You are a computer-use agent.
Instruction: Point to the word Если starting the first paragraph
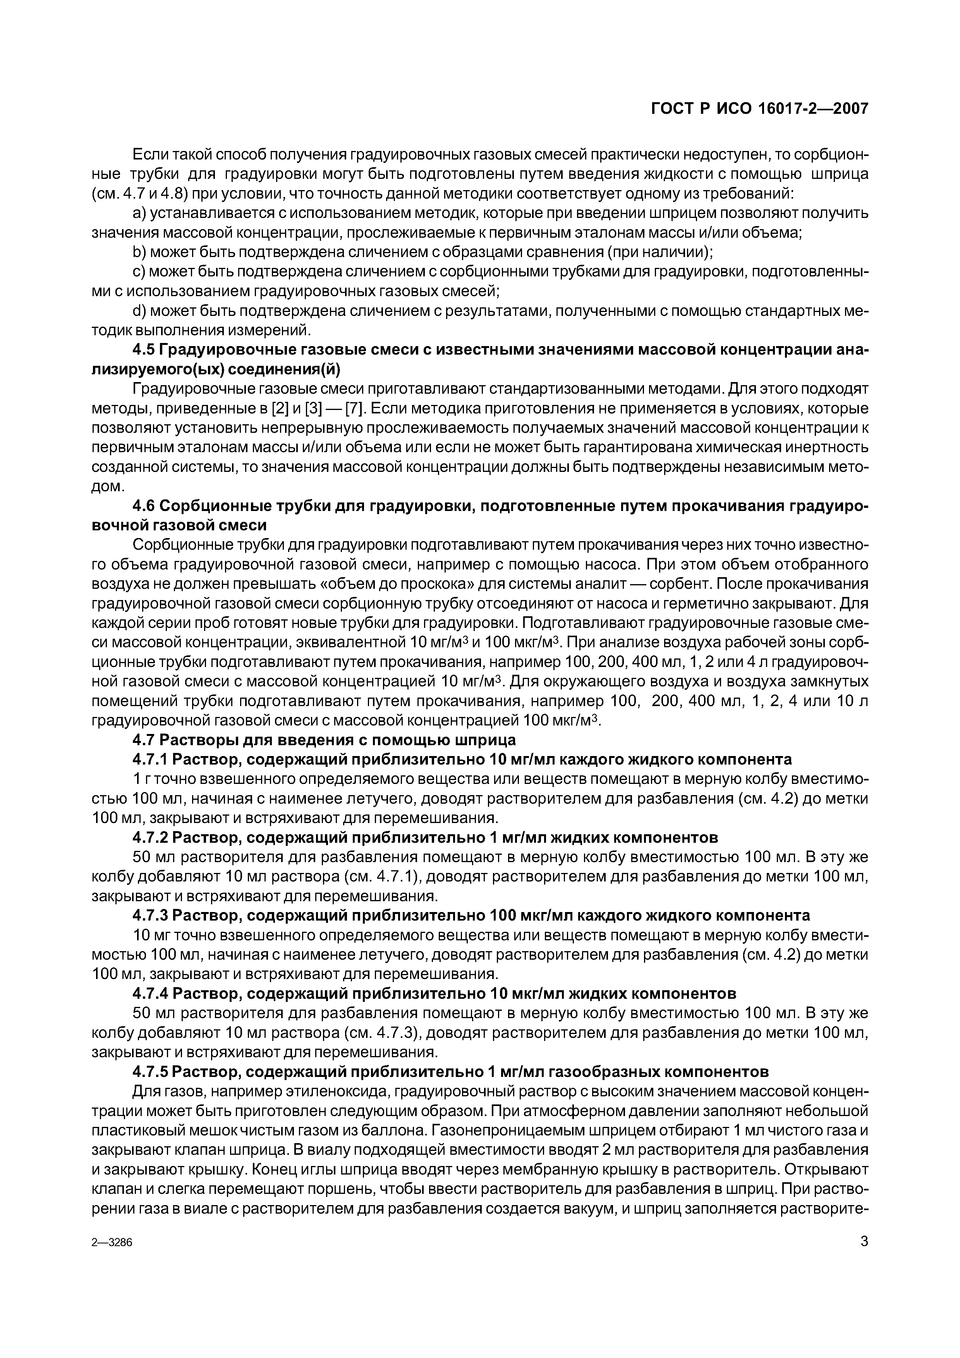[150, 155]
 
